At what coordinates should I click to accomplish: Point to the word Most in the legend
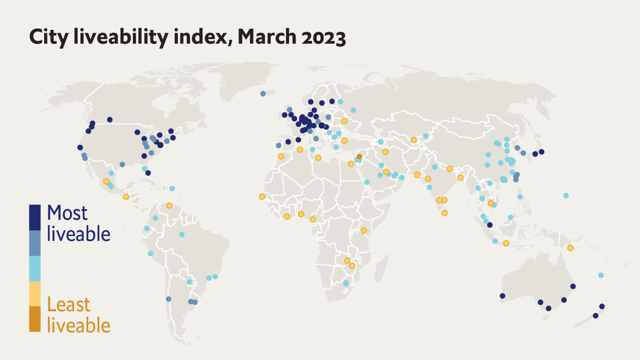[x=67, y=213]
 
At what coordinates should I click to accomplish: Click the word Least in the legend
[x=68, y=304]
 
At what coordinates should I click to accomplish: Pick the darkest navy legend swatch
[x=35, y=217]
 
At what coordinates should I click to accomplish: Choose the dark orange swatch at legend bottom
[x=35, y=319]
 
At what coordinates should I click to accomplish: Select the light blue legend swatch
[x=35, y=268]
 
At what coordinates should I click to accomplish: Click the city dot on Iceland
[x=263, y=93]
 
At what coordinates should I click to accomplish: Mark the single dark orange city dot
[x=359, y=156]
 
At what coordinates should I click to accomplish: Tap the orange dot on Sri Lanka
[x=444, y=213]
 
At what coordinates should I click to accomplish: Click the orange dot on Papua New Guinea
[x=570, y=248]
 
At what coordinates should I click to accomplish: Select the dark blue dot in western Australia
[x=502, y=296]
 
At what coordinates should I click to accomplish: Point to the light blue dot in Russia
[x=353, y=110]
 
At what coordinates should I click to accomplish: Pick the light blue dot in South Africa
[x=345, y=283]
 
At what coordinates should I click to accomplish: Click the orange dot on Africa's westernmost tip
[x=262, y=196]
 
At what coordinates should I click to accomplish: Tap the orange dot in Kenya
[x=364, y=230]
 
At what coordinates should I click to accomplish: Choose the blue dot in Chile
[x=168, y=299]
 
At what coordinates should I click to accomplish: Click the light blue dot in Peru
[x=150, y=253]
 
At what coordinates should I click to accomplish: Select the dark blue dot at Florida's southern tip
[x=148, y=173]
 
